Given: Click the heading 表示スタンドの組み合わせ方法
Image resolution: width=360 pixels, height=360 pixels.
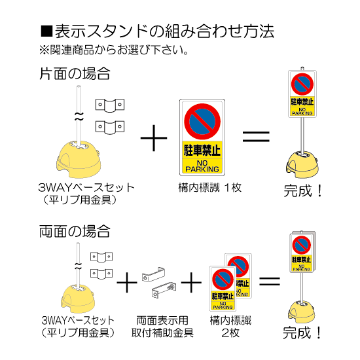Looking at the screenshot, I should (157, 31).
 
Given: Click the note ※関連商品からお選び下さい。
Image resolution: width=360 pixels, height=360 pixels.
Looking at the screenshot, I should (115, 50).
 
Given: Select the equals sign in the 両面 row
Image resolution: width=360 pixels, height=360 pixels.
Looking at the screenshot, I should (271, 283).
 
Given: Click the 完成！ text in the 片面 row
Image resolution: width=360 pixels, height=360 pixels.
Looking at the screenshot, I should (303, 192).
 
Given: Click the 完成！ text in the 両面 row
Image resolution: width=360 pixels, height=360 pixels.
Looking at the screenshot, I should (303, 333).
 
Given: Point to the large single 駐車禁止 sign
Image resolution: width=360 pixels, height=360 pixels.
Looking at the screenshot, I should (204, 137).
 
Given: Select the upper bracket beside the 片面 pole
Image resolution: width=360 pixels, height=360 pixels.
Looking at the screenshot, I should (109, 103).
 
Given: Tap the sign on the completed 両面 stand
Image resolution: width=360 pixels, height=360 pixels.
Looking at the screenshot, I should (303, 252).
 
